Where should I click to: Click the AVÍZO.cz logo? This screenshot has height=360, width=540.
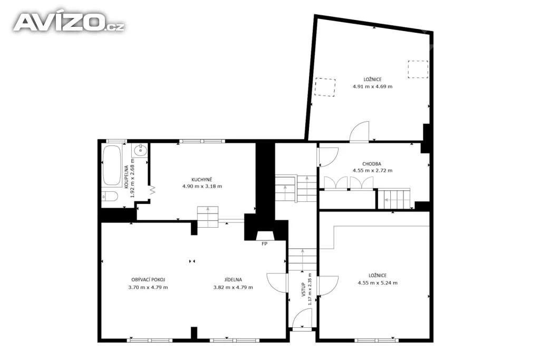69,23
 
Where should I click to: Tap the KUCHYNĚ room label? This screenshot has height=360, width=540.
202,180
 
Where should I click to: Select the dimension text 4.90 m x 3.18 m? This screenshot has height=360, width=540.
202,187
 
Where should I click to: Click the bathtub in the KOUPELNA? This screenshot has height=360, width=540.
112,166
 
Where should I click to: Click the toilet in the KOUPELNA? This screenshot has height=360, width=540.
110,197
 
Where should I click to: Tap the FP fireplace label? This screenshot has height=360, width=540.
265,244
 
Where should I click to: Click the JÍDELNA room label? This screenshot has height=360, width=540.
233,280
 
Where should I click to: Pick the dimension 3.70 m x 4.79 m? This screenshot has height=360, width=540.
148,287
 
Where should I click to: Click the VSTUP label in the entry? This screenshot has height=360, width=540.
303,289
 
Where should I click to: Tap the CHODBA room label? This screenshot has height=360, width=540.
372,164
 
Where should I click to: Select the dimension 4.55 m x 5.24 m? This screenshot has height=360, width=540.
378,283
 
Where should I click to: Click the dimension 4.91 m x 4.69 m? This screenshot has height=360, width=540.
372,87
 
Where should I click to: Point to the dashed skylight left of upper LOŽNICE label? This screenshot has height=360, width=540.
325,87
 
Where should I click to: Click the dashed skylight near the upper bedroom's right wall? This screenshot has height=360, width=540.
418,69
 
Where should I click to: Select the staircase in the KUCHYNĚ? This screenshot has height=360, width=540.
208,217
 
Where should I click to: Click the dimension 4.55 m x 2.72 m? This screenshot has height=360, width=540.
372,170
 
